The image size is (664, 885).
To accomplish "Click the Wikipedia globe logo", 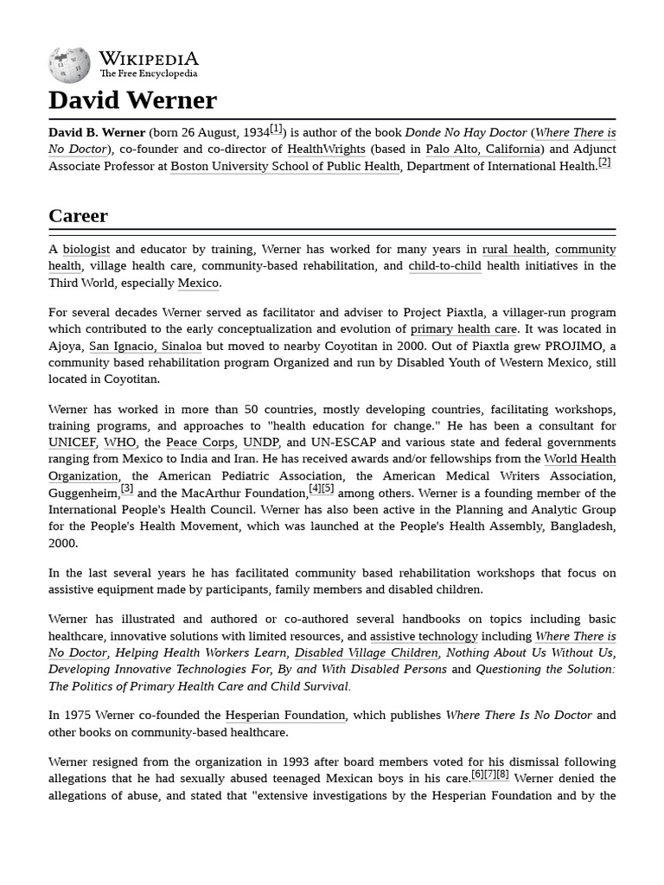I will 70,64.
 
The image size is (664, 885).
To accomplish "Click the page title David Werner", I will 132,100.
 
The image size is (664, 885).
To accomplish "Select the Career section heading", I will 78,215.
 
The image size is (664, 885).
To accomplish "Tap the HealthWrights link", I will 326,150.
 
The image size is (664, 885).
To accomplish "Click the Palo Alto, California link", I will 485,150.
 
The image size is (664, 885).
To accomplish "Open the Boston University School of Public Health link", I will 285,167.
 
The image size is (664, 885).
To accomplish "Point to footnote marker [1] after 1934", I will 276,129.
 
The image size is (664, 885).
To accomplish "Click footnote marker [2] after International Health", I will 604,162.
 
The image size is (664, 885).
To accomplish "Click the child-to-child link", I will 444,266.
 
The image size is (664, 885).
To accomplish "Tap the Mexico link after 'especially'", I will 199,283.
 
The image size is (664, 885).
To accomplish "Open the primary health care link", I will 463,329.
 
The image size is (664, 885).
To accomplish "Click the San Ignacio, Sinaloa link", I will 145,347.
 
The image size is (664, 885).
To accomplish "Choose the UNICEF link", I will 72,442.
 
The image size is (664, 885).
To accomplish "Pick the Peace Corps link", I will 200,442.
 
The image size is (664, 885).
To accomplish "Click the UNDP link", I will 260,442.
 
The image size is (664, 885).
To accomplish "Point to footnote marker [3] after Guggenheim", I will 127,488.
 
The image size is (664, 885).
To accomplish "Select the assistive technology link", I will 424,636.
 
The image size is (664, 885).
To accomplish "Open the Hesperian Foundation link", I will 285,716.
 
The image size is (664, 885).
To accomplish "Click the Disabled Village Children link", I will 367,653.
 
